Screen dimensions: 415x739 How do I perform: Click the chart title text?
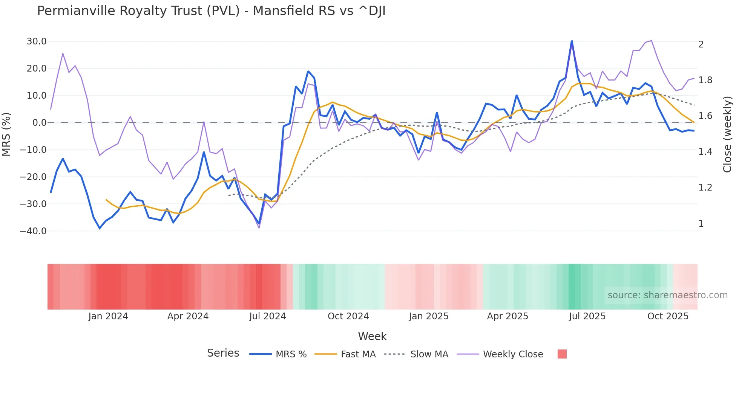coord(211,11)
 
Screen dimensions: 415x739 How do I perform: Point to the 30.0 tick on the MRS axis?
coord(37,41)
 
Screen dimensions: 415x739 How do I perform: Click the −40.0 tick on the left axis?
coord(33,231)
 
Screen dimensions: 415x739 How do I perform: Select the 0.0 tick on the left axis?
coord(39,123)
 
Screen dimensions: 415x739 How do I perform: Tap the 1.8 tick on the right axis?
coord(705,80)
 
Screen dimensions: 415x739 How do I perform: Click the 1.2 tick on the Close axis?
coord(705,188)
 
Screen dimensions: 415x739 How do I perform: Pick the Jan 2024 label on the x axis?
coord(108,316)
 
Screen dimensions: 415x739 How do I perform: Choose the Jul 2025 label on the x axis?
coord(587,316)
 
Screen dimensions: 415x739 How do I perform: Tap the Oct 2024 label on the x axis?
coord(348,316)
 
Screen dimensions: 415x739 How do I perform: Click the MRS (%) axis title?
coord(6,134)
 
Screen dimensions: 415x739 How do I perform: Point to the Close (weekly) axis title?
coord(727,134)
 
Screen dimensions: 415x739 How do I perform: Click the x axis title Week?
coord(372,336)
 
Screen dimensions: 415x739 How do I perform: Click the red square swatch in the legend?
coord(562,354)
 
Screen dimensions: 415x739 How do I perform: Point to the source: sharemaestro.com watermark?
coord(667,295)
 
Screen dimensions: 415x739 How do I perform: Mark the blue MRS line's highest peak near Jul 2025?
coord(572,41)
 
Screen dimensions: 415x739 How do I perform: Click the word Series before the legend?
coord(223,353)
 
